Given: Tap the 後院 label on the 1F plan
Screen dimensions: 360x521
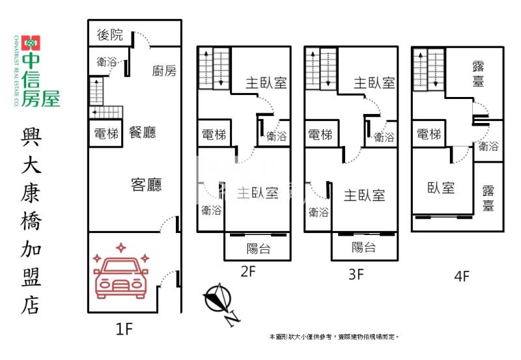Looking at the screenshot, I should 109,35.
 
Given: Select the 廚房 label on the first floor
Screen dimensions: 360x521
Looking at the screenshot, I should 163,71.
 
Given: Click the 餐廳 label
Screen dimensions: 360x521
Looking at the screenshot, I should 143,133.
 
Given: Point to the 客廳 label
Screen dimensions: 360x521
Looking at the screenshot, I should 146,186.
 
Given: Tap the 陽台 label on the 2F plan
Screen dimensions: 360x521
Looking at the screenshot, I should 258,248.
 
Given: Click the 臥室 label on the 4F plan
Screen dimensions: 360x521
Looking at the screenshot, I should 441,187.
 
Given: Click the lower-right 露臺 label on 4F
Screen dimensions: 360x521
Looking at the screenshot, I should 488,198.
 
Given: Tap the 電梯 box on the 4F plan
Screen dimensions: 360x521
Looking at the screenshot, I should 429,135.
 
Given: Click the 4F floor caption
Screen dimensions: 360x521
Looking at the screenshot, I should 461,275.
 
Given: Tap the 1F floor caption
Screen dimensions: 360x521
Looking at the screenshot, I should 124,329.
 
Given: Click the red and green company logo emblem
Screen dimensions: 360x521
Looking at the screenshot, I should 31,44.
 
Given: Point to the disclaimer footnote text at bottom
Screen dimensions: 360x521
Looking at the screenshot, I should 334,337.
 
